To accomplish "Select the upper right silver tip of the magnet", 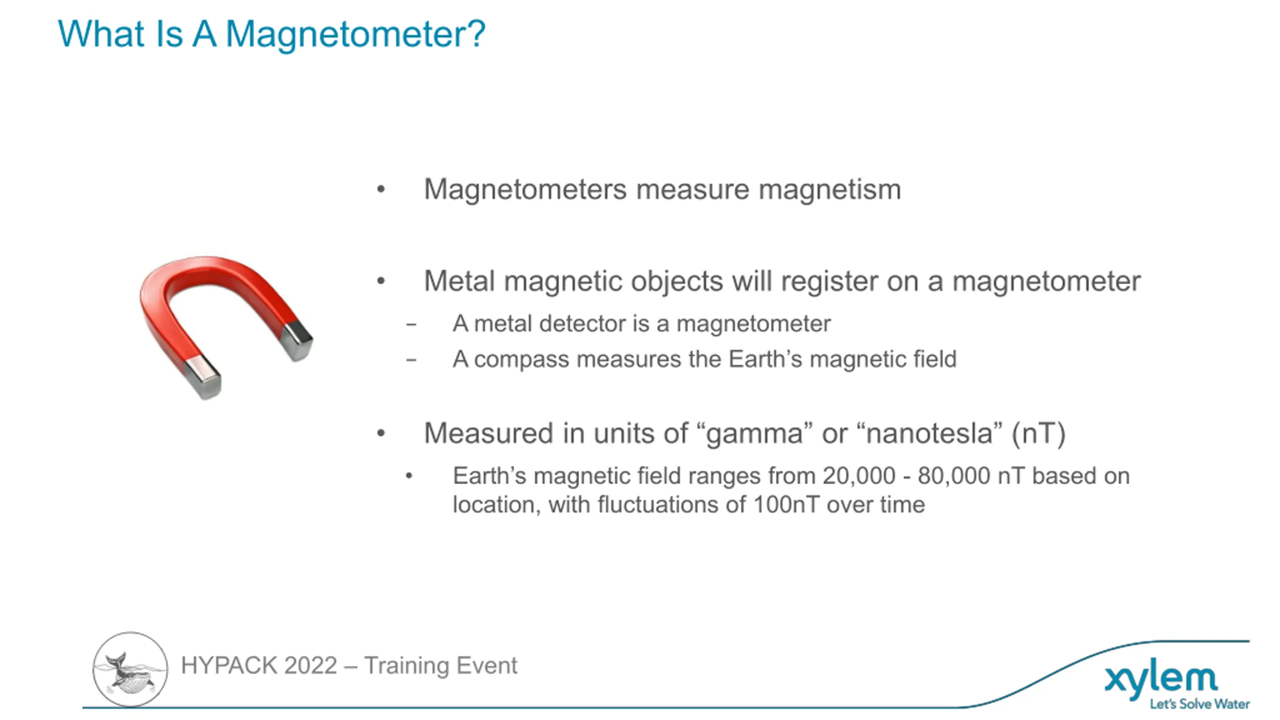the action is [296, 340].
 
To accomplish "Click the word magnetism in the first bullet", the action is [829, 190].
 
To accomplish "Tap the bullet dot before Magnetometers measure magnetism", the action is [381, 189].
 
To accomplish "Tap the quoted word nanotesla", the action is [929, 433].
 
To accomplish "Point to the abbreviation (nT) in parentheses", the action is [1038, 433].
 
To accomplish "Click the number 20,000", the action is [858, 476].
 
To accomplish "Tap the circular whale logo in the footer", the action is [130, 669].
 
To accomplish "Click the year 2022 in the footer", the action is [310, 666].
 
